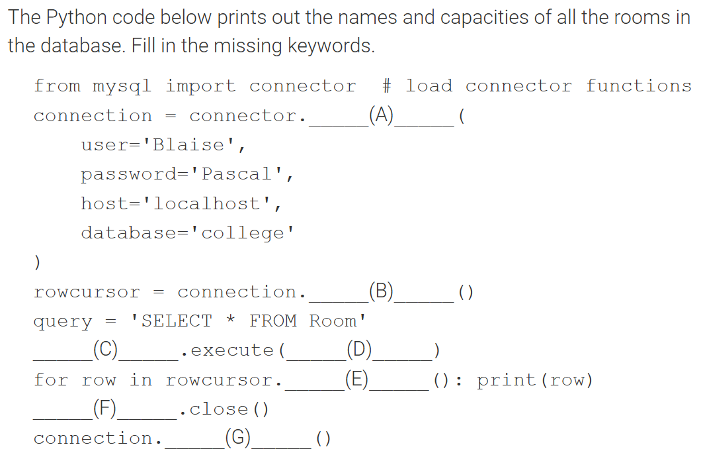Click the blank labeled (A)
point(382,117)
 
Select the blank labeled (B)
point(382,292)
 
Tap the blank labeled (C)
point(105,350)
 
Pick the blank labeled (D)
point(359,350)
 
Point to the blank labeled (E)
point(357,380)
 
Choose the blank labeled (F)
point(105,409)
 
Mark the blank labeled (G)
point(238,438)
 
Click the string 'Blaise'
point(188,145)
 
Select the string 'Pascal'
point(236,174)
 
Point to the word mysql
point(122,86)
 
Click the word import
point(200,86)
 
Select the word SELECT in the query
point(177,321)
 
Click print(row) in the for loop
point(534,380)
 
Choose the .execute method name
point(231,350)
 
